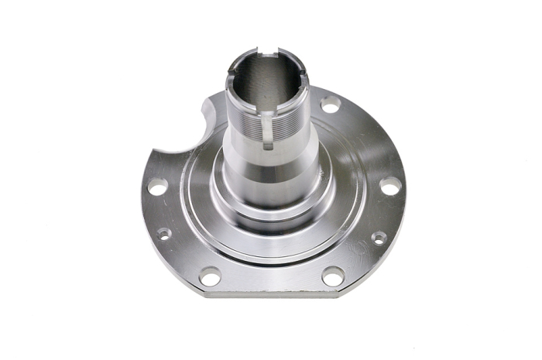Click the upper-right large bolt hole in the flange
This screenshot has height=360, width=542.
click(x=331, y=104)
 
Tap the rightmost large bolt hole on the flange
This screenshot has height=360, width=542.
click(x=391, y=187)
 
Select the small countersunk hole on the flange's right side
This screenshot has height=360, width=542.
click(x=379, y=238)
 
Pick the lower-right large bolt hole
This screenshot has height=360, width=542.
click(x=332, y=276)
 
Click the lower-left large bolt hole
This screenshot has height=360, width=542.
click(x=210, y=276)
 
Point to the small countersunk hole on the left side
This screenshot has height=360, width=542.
click(x=163, y=234)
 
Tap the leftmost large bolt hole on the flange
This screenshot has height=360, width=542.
click(x=157, y=187)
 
